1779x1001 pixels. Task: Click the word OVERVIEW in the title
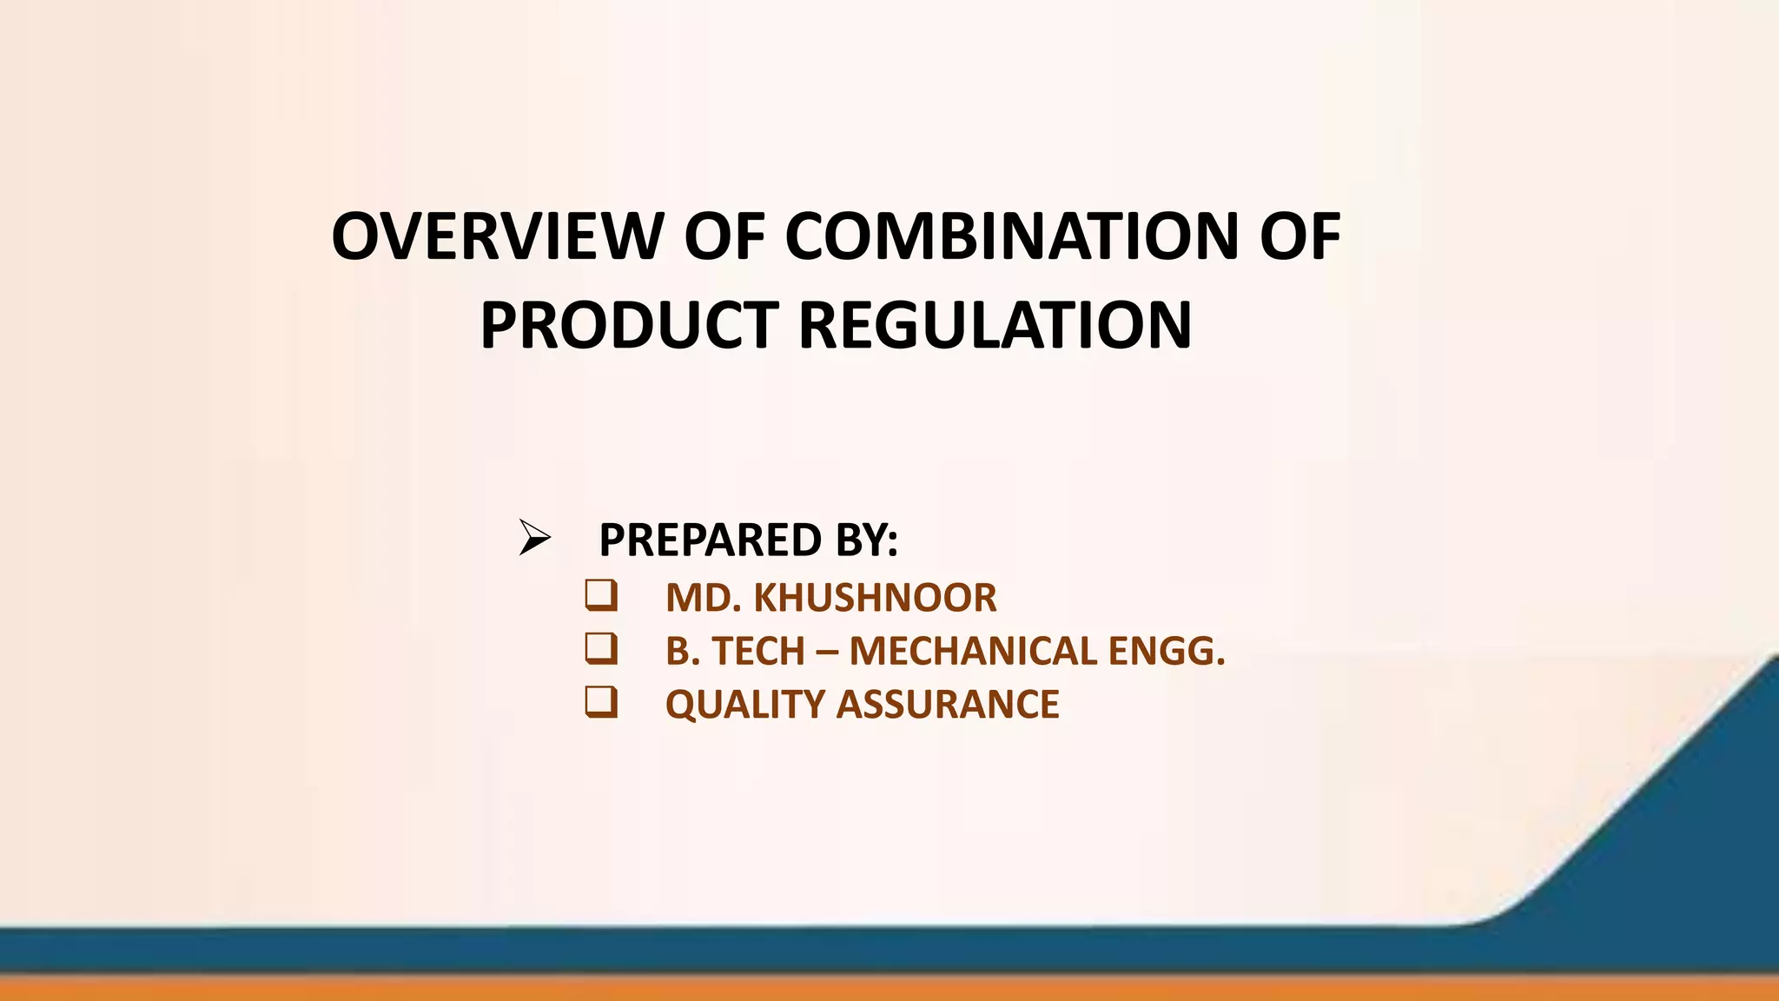pyautogui.click(x=497, y=236)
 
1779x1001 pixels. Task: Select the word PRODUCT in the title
pyautogui.click(x=629, y=326)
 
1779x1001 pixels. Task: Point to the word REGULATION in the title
pyautogui.click(x=995, y=326)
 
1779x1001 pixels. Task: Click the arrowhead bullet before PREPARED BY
pyautogui.click(x=534, y=538)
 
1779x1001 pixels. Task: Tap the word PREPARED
pyautogui.click(x=710, y=540)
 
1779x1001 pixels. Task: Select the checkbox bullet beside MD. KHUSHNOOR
pyautogui.click(x=601, y=595)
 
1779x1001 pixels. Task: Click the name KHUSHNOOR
pyautogui.click(x=875, y=599)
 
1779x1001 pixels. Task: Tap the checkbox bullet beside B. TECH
pyautogui.click(x=601, y=649)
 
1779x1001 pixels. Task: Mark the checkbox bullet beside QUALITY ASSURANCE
pyautogui.click(x=601, y=702)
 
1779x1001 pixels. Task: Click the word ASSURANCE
pyautogui.click(x=948, y=705)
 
